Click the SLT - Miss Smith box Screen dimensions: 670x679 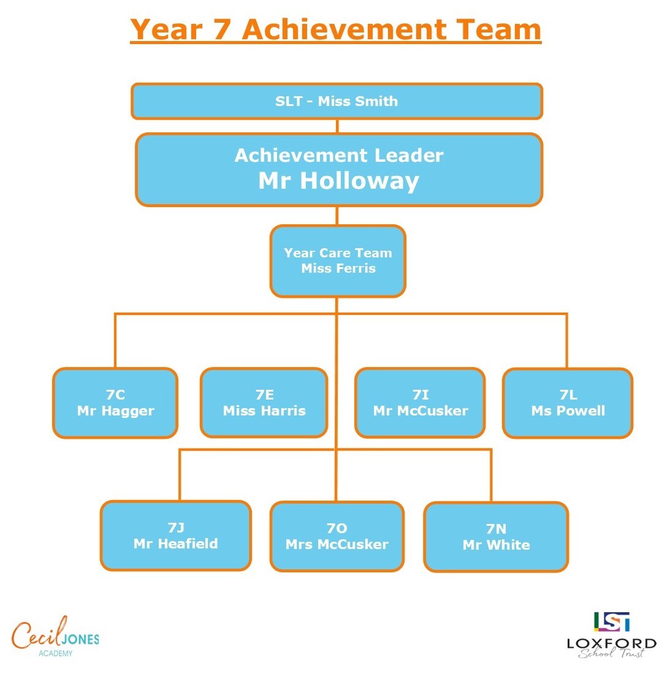(x=337, y=101)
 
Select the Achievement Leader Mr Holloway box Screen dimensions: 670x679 (x=339, y=169)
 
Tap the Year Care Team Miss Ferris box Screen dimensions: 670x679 (x=338, y=260)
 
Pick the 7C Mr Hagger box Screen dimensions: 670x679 (x=115, y=403)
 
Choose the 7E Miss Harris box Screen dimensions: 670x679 (x=264, y=403)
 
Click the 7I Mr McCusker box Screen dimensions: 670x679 (x=420, y=403)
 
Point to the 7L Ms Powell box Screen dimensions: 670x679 (x=568, y=403)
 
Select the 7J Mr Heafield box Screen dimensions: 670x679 (x=176, y=536)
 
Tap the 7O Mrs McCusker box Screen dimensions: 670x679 (x=337, y=537)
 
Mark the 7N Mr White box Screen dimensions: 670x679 (x=496, y=537)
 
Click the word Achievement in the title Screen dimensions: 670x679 (x=345, y=29)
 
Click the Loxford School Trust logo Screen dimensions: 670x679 (x=612, y=635)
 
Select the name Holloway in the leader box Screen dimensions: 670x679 (x=359, y=181)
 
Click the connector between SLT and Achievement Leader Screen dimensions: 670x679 (x=337, y=126)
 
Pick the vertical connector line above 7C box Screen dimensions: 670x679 (x=115, y=340)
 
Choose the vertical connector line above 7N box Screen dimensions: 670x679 (x=491, y=476)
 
